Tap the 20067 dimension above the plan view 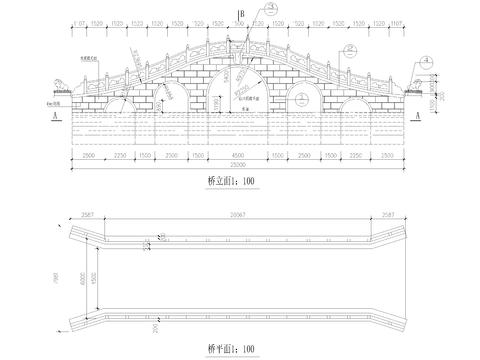tap(236, 213)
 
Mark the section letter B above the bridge tap(241, 12)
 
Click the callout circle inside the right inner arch tap(303, 97)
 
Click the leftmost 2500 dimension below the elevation tap(86, 155)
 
